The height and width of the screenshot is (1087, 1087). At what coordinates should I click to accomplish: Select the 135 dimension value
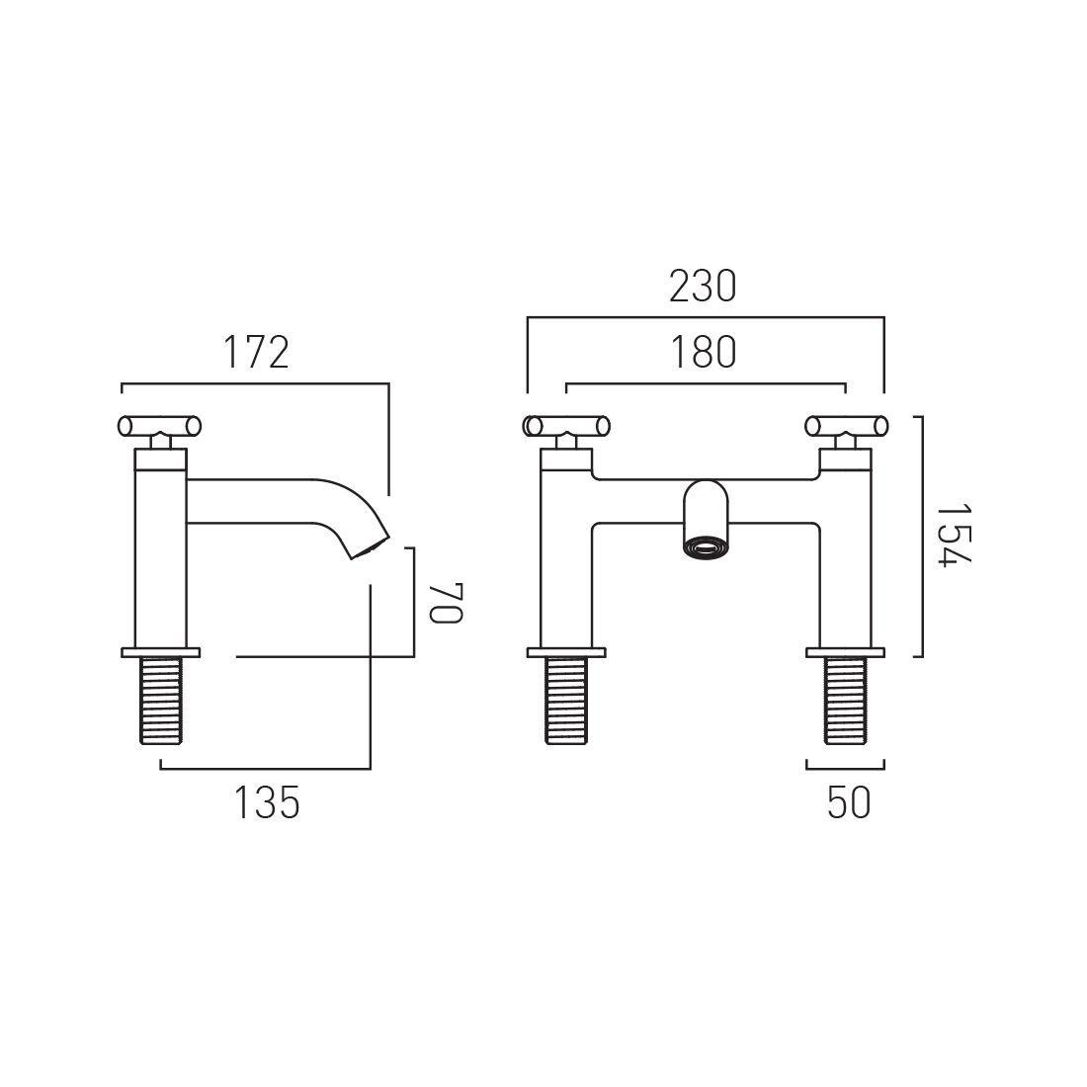tap(267, 802)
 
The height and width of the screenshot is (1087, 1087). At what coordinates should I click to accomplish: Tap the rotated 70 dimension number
tap(445, 603)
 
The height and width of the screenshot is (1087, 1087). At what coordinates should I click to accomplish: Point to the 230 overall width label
tap(703, 287)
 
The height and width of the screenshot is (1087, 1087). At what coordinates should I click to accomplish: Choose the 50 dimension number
tap(849, 802)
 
